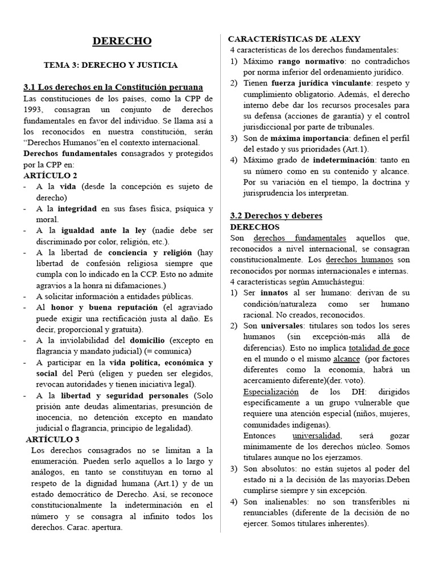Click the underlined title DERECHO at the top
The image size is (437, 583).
(122, 41)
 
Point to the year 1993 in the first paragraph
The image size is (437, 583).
(34, 110)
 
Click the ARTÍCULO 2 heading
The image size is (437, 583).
(50, 175)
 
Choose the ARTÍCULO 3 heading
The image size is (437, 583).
(54, 439)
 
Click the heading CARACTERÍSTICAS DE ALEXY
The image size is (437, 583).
(294, 39)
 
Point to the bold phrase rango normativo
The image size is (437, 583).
(311, 61)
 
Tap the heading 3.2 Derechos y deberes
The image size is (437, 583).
(276, 215)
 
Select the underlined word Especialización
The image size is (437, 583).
(270, 392)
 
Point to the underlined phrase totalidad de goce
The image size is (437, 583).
(378, 347)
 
